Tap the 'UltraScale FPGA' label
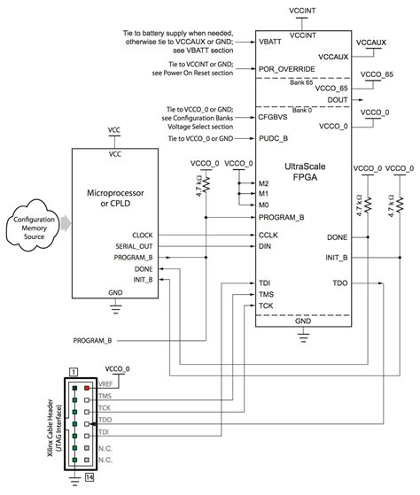[x=305, y=174]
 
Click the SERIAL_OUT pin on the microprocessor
[x=133, y=245]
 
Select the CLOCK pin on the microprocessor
[x=139, y=235]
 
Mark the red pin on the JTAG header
[x=87, y=387]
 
